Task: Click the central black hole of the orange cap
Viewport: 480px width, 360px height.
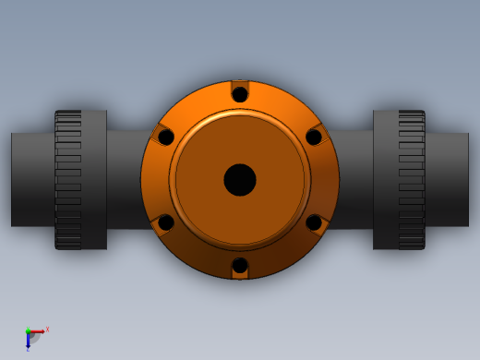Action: (x=240, y=179)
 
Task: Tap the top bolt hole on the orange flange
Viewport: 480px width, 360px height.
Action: (x=240, y=94)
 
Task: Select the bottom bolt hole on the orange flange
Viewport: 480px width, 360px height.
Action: (x=240, y=266)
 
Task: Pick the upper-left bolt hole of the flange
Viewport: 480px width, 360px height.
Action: (x=166, y=137)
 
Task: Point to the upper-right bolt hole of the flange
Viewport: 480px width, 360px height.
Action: (x=314, y=137)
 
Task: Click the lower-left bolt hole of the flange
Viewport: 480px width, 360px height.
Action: (x=166, y=222)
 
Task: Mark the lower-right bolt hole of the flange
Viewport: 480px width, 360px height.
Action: (x=314, y=222)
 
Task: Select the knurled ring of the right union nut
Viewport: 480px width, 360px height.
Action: (x=412, y=180)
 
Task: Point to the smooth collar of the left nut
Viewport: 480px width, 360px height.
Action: (x=94, y=180)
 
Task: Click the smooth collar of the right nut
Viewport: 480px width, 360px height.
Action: (x=386, y=180)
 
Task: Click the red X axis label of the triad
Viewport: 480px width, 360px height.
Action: (x=47, y=328)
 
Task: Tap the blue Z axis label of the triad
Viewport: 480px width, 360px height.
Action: (x=28, y=348)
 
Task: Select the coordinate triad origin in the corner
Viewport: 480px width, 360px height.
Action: (x=28, y=332)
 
